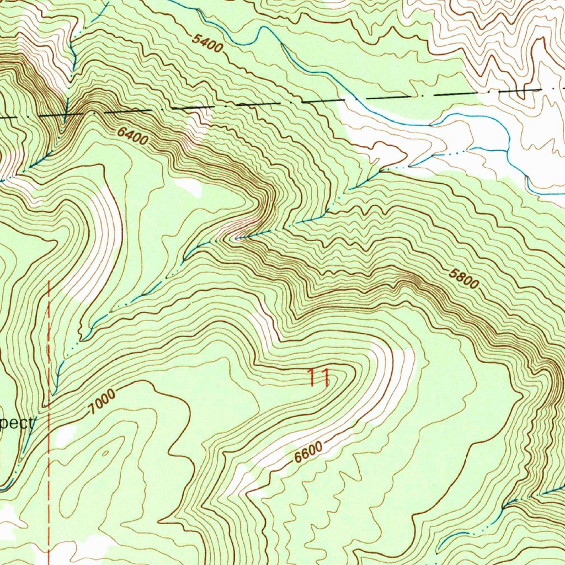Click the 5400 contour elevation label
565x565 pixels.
[208, 43]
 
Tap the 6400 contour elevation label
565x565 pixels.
[132, 136]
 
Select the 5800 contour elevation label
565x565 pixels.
[463, 278]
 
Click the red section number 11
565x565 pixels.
[318, 378]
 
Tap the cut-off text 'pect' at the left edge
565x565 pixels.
[17, 424]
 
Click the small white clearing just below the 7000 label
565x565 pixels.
[65, 435]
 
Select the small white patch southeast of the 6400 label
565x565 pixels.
[189, 186]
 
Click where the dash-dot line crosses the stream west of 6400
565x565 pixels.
[66, 114]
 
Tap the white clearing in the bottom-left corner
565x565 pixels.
[11, 516]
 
